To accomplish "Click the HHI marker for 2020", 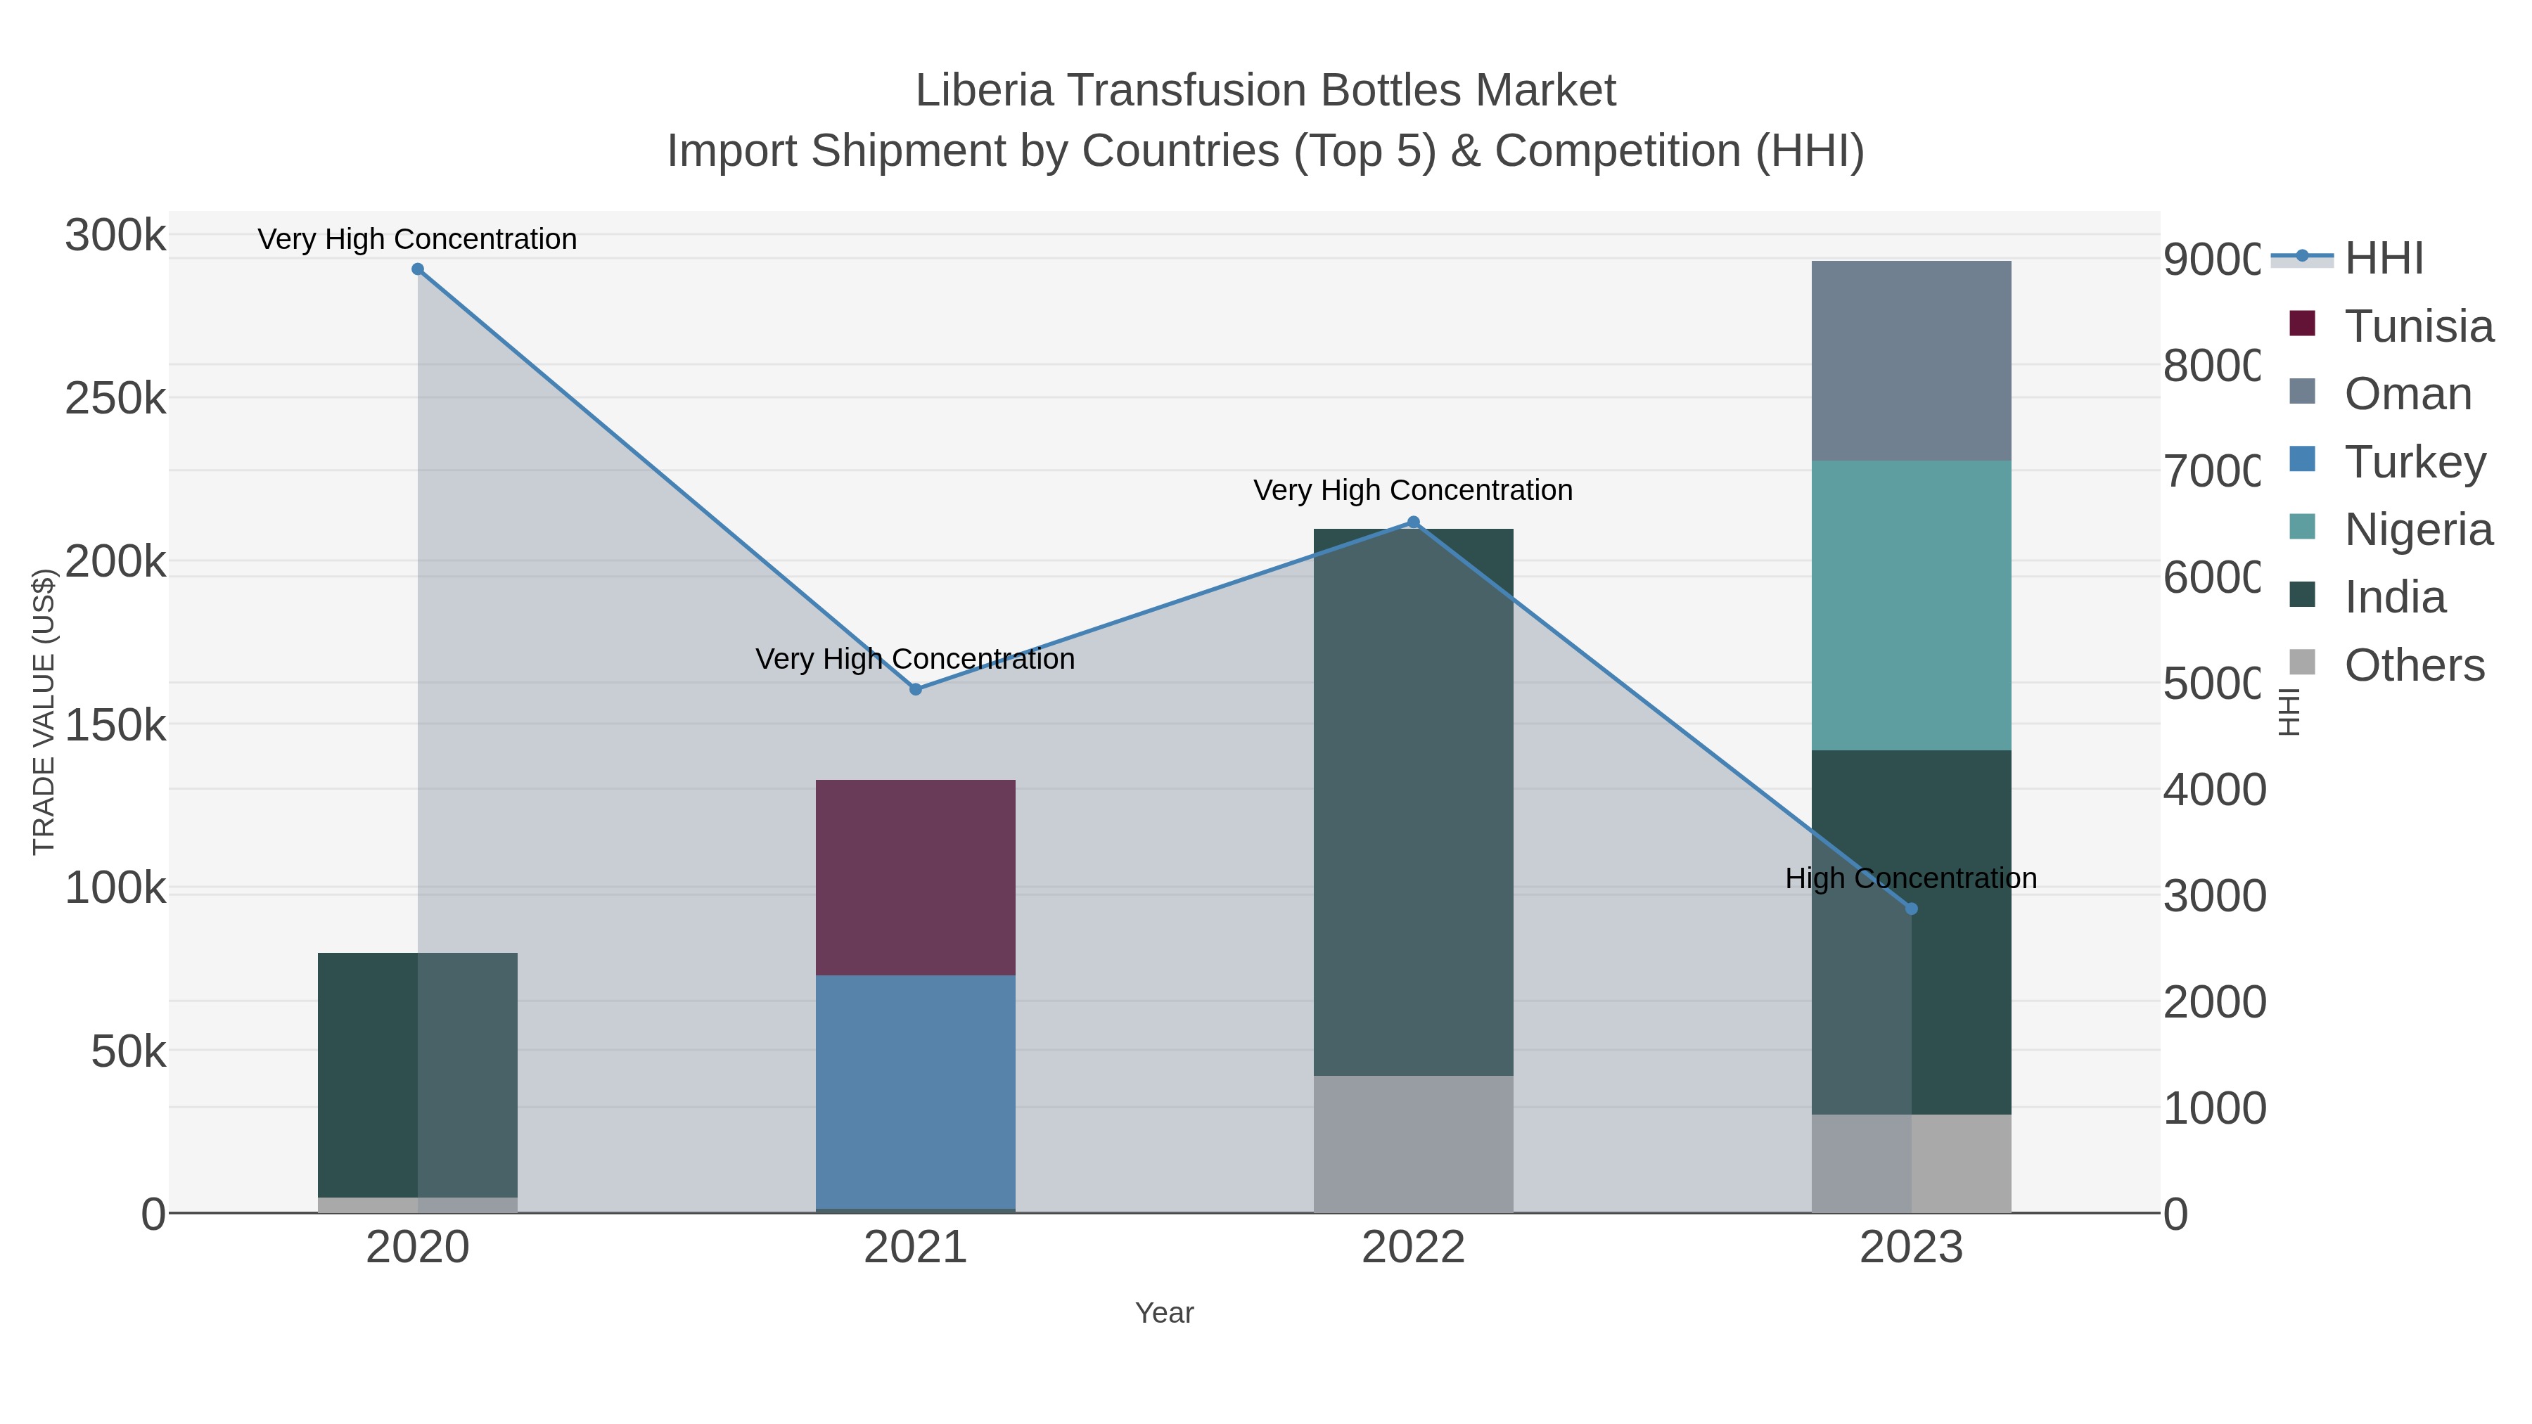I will click(x=418, y=269).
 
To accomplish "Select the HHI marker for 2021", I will click(x=915, y=689).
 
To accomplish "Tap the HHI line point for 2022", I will click(x=1414, y=522).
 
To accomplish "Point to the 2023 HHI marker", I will click(x=1911, y=909).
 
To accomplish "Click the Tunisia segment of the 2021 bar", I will click(x=915, y=877).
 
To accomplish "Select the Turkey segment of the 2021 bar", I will click(x=915, y=1091).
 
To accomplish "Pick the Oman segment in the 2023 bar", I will click(x=1911, y=361).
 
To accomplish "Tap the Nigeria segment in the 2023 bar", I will click(x=1911, y=605).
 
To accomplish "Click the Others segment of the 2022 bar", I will click(x=1414, y=1144).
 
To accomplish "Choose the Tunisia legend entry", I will click(x=2418, y=326).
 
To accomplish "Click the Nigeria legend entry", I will click(x=2418, y=530).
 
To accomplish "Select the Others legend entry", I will click(x=2414, y=665).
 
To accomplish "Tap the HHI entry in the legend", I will click(x=2384, y=259).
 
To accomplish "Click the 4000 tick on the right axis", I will click(x=2213, y=790).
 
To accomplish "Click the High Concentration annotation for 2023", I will click(x=1911, y=878).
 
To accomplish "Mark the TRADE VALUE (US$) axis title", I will click(x=44, y=712).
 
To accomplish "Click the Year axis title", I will click(x=1164, y=1313).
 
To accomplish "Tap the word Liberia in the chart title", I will click(x=984, y=91).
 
